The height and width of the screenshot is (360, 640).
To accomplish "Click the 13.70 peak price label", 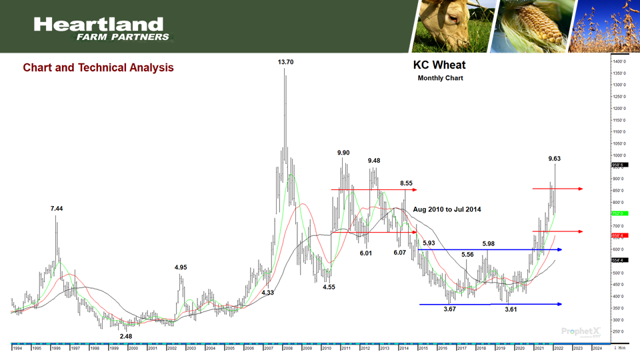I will (x=285, y=62).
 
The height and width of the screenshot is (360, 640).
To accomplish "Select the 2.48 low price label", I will (x=127, y=336).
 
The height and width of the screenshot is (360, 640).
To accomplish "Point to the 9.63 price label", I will (x=554, y=159).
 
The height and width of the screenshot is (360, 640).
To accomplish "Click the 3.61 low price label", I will (x=511, y=310).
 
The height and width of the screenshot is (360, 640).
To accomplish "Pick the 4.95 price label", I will (x=181, y=267).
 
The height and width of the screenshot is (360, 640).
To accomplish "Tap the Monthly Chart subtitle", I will (x=440, y=79).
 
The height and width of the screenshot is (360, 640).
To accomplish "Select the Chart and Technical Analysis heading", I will (x=98, y=68).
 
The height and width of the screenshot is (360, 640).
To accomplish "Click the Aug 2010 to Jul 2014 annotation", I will (x=447, y=209).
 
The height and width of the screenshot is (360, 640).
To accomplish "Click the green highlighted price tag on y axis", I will (x=618, y=213).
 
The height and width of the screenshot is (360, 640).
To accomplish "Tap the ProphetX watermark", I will (x=579, y=331).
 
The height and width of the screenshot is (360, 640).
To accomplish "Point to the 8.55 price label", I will (x=406, y=183).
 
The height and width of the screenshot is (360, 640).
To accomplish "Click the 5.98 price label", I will (x=489, y=243).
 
